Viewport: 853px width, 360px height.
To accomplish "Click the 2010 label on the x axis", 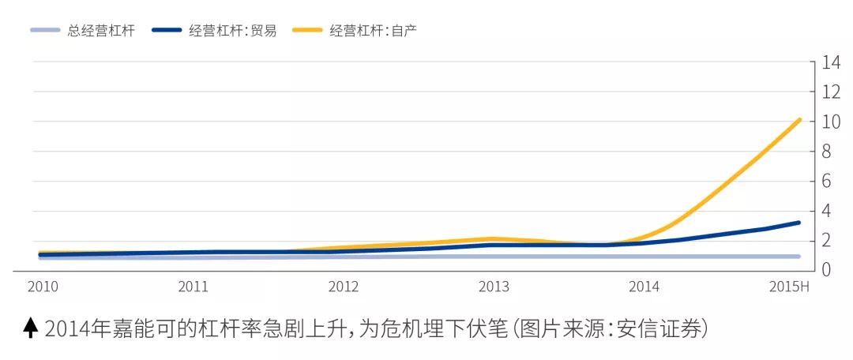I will (43, 286).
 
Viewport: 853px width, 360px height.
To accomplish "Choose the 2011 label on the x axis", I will (194, 286).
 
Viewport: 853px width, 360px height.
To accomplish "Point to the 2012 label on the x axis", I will (344, 286).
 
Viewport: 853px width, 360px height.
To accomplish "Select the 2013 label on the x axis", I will (494, 286).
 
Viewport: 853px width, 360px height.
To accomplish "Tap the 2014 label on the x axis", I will (644, 286).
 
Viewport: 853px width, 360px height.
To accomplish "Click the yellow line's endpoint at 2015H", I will (799, 120).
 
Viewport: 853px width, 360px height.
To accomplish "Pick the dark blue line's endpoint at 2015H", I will (799, 223).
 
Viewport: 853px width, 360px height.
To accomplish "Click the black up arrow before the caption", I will (31, 328).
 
